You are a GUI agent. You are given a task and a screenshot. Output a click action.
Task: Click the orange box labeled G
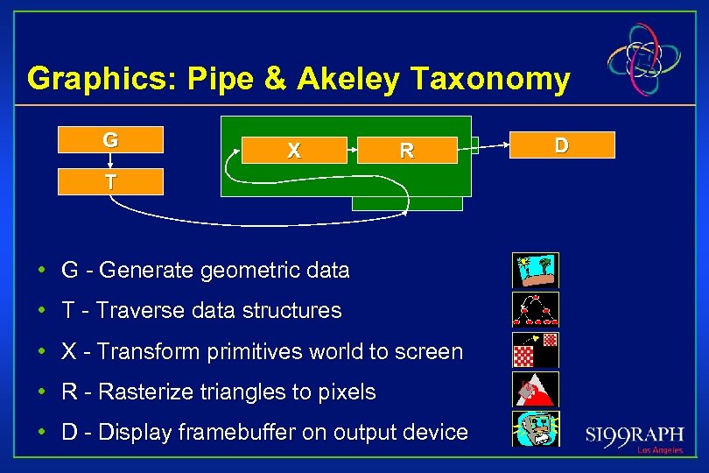coord(110,140)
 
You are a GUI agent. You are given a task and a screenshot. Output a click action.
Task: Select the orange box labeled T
coord(110,181)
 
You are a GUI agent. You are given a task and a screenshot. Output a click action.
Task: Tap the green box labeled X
coord(294,151)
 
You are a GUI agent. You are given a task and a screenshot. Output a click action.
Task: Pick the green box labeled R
coord(406,151)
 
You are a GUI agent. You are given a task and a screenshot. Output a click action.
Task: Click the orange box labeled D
coord(561,145)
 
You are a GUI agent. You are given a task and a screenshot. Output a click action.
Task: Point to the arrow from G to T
coord(110,161)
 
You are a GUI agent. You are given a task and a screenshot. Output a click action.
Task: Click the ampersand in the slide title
coord(274,79)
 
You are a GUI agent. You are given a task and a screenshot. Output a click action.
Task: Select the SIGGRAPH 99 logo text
coord(634,434)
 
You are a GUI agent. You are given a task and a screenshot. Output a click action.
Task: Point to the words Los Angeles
coord(660,450)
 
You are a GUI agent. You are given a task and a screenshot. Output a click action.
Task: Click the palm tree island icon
coord(535,271)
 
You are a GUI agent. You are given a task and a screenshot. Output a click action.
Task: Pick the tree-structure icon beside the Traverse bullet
coord(535,310)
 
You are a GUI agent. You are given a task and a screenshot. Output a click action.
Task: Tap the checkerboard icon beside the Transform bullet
coord(535,350)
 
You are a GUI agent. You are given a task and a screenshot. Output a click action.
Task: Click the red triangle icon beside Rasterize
coord(535,390)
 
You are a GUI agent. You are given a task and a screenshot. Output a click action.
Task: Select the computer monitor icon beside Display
coord(535,429)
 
